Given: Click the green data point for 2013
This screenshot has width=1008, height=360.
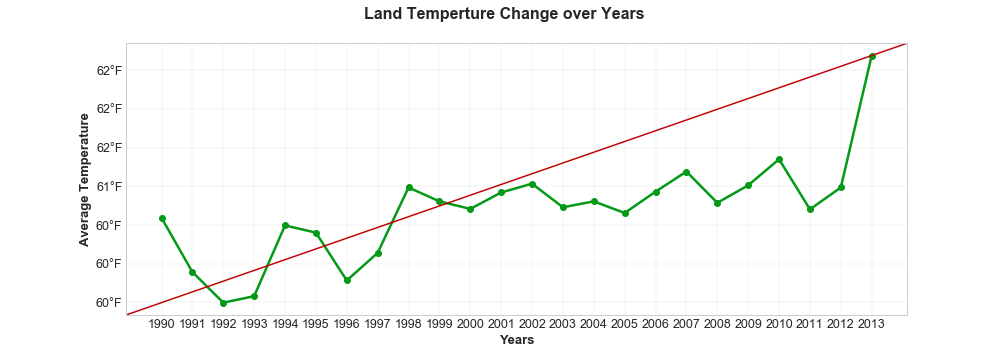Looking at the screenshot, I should point(872,56).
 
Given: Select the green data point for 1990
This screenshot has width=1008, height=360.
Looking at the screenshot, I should point(162,218).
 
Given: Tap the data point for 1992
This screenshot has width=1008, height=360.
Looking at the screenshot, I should point(223,303).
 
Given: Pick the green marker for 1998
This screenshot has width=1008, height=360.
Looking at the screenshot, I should point(409,187).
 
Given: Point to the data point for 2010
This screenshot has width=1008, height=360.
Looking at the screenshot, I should point(779,160).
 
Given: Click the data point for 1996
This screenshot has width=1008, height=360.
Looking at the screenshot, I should point(347,280).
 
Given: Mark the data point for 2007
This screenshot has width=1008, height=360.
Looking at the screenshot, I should point(686,172).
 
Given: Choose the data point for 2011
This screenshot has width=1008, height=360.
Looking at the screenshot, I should point(810,209).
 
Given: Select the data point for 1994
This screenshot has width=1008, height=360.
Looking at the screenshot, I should point(285,225).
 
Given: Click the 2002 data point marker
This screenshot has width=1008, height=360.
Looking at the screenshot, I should point(532,184).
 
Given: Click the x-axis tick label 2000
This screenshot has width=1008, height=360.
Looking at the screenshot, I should point(470,325).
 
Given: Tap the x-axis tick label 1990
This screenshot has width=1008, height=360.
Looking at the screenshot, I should point(162,325).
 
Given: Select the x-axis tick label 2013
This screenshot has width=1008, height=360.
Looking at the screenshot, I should point(872,325).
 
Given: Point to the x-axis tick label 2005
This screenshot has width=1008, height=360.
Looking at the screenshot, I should point(625,325).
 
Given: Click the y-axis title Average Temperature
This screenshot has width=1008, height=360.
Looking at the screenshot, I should point(84,179).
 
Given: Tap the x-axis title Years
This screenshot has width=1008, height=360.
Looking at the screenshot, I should point(516,340).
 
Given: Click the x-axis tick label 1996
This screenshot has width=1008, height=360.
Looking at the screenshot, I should point(347,325).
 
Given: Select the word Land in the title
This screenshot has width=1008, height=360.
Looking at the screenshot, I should point(383,14).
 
